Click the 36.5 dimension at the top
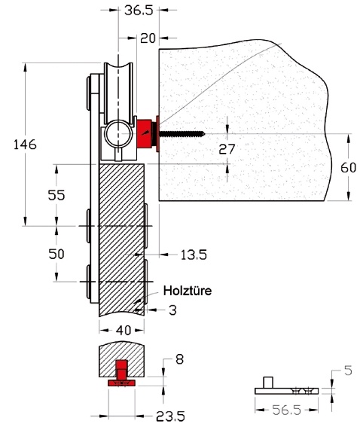(139, 11)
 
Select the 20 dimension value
(148, 38)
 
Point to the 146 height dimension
(25, 145)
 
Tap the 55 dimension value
(56, 195)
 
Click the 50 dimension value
(56, 254)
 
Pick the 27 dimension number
(227, 149)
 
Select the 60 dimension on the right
(348, 167)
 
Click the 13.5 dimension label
(194, 255)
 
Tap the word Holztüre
(188, 291)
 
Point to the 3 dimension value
(172, 310)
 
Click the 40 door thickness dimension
(124, 331)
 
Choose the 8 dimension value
(179, 359)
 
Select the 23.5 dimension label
(170, 416)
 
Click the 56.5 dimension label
(286, 410)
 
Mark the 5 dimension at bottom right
(349, 370)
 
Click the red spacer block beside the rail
(145, 133)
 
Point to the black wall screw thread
(182, 134)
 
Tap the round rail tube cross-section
(119, 133)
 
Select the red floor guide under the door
(121, 373)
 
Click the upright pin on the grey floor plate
(268, 383)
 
